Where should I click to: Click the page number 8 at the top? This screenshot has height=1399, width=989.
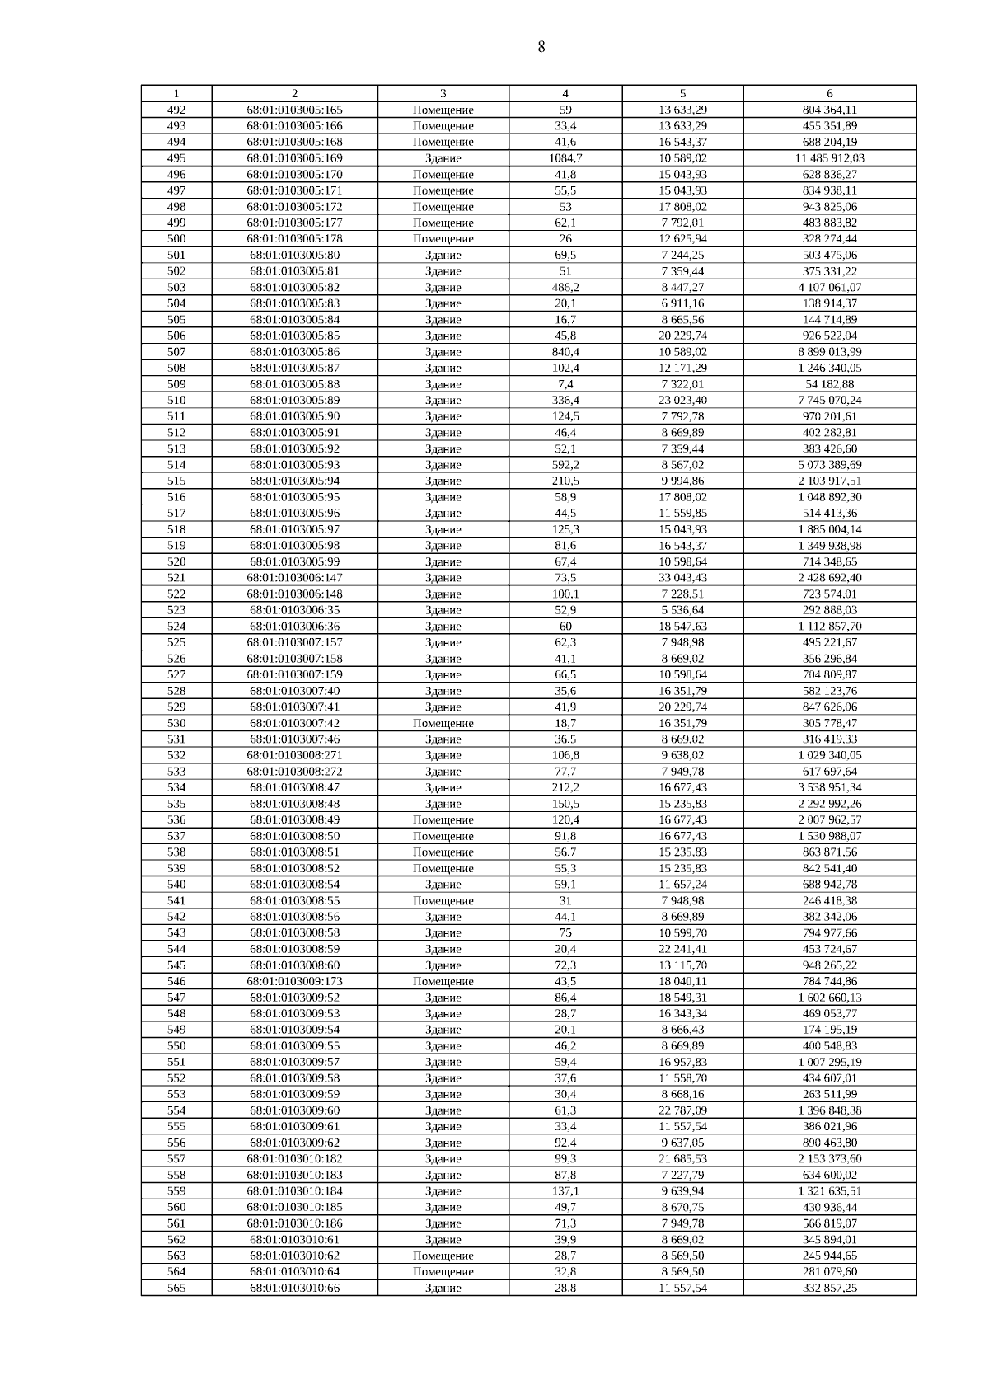point(541,47)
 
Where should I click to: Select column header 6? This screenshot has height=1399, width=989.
point(829,93)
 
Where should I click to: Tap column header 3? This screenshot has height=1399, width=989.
point(443,93)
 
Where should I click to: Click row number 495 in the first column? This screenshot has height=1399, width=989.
point(176,158)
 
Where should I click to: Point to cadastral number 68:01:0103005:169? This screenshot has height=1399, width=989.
point(294,158)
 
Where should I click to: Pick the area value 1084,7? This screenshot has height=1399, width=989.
point(565,158)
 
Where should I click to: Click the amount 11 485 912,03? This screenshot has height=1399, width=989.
point(829,158)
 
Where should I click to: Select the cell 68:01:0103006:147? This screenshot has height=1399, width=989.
point(294,578)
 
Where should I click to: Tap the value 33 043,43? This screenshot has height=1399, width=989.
point(682,578)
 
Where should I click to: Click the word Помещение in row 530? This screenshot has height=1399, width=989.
point(443,723)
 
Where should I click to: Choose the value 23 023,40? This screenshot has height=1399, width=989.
point(682,400)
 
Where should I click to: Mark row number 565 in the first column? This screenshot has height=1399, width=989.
point(176,1288)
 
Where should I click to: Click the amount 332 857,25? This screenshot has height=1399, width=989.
point(829,1288)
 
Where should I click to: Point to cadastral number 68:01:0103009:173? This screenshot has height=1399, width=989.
point(294,981)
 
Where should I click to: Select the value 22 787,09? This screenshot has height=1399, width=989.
point(682,1110)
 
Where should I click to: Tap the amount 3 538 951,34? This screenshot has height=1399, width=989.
point(829,787)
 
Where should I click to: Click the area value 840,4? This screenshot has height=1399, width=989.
point(565,352)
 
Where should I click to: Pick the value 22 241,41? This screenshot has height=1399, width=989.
point(682,949)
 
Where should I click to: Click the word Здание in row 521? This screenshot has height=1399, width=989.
point(443,578)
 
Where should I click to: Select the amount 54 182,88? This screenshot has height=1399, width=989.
point(829,384)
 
